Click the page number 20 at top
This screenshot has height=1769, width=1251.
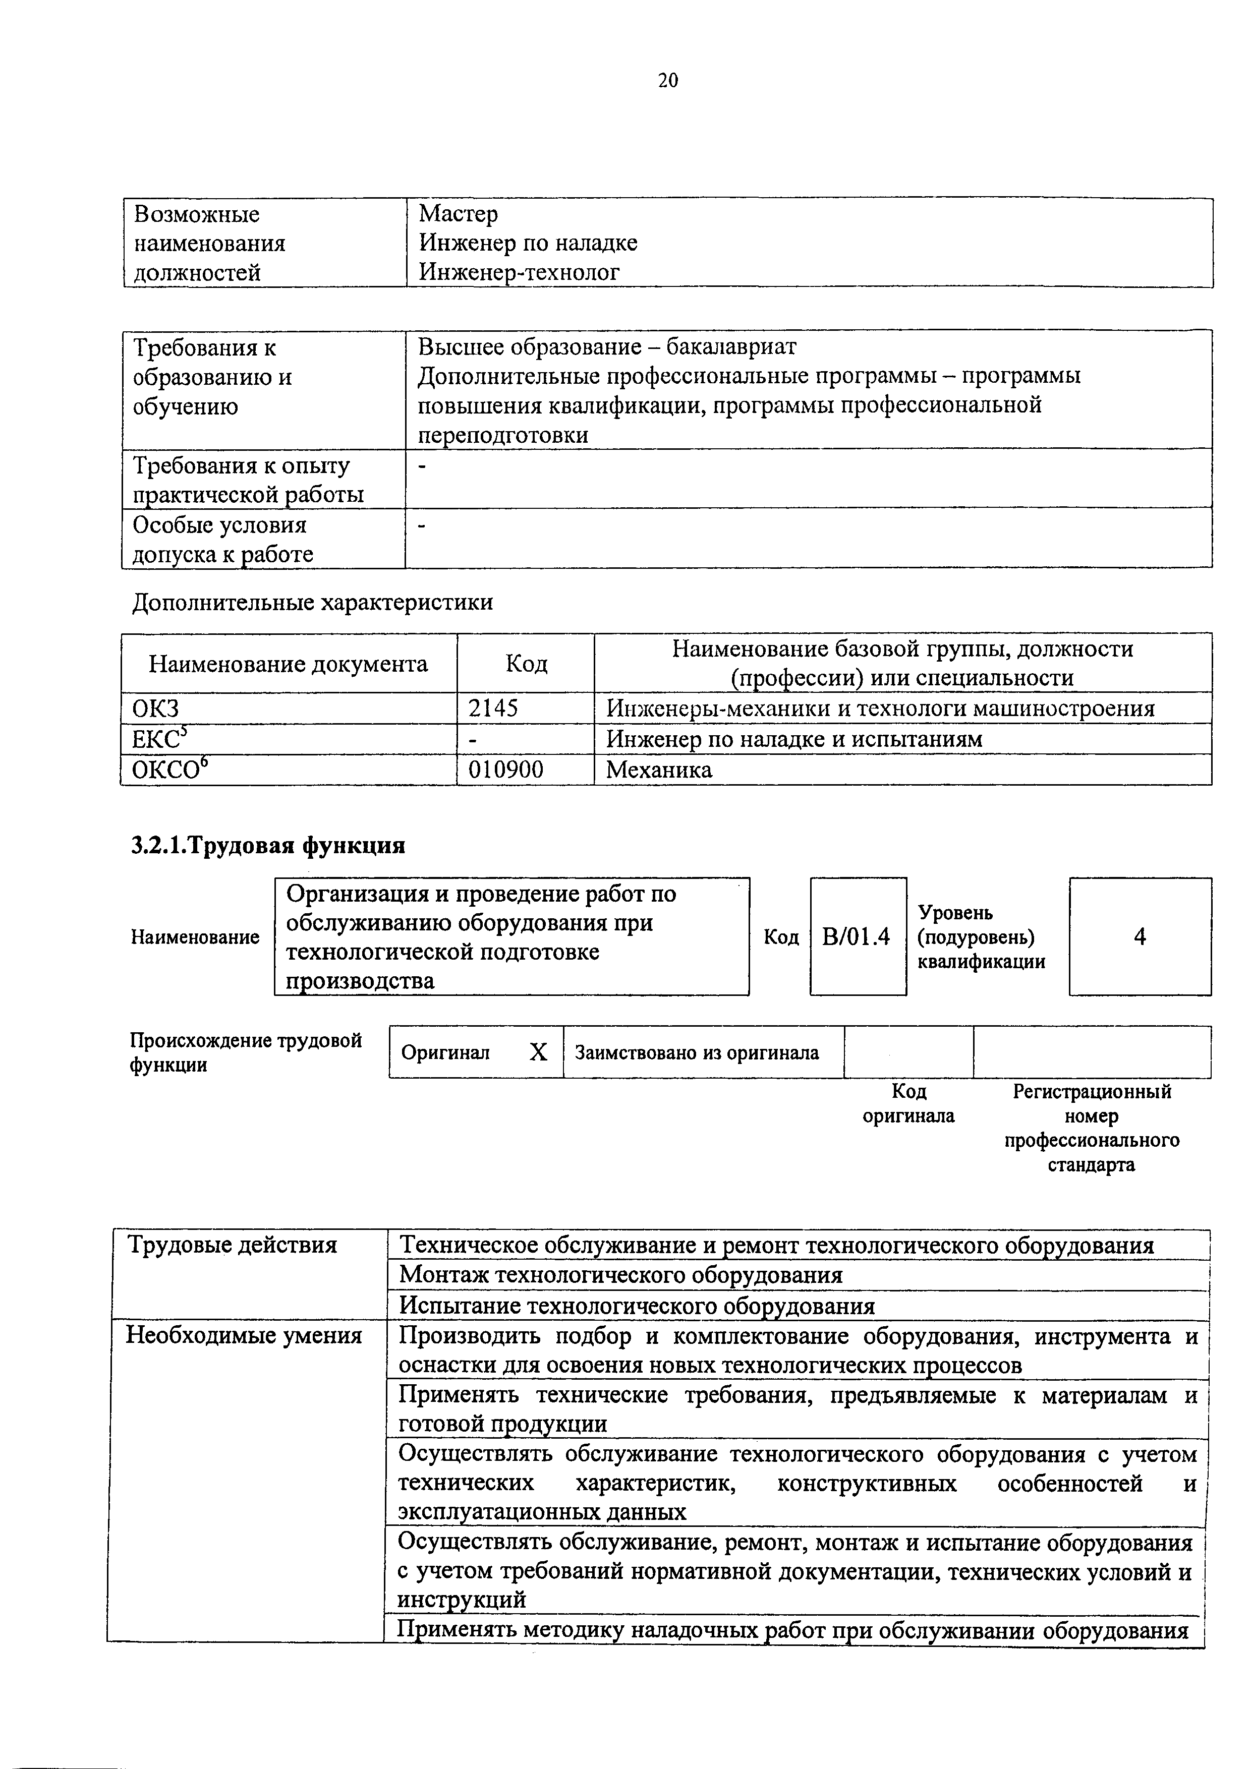coord(667,80)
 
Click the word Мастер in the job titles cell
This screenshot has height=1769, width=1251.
coord(458,213)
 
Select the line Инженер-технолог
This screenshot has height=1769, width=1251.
coord(519,272)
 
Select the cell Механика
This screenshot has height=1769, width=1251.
coord(658,769)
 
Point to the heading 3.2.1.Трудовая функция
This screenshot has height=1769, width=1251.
coord(267,845)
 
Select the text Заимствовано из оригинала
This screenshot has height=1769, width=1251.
coord(696,1052)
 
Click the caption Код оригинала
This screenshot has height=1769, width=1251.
coord(908,1103)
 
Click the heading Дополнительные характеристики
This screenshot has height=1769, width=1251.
coord(312,602)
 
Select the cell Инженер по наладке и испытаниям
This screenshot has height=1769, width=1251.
coord(794,739)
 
